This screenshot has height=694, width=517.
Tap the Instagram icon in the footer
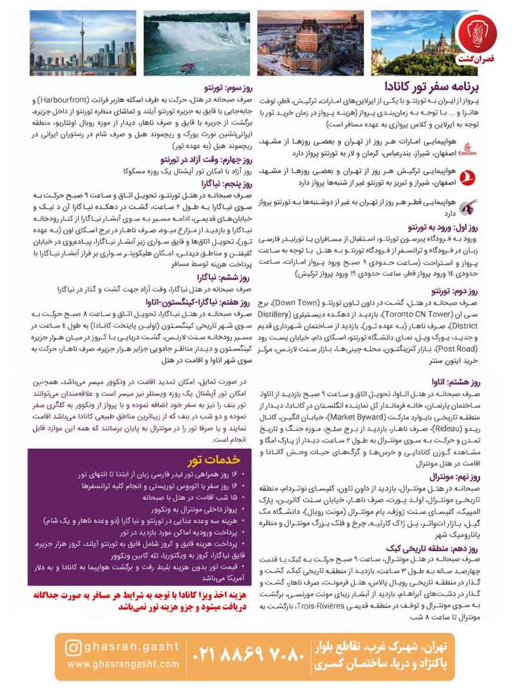pyautogui.click(x=75, y=647)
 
